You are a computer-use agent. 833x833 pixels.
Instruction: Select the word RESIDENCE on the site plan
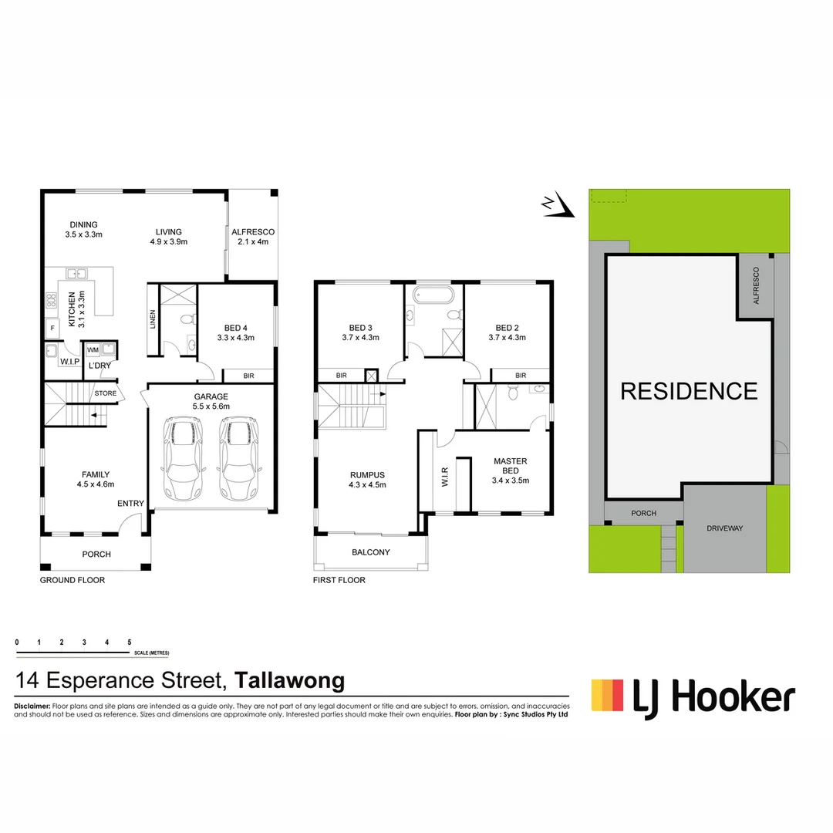click(689, 391)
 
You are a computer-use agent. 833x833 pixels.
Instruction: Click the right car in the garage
click(238, 460)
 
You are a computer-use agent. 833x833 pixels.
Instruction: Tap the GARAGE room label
click(211, 397)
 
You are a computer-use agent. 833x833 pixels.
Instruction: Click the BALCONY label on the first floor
click(370, 552)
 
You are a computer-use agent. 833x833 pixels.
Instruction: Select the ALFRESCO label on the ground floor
click(253, 232)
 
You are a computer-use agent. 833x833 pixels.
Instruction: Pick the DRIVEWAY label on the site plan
click(724, 528)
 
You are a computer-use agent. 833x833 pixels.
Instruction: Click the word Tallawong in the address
click(289, 681)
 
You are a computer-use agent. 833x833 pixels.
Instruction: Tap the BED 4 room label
click(236, 327)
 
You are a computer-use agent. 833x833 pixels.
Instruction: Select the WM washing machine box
click(93, 350)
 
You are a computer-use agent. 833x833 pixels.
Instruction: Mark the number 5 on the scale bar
click(130, 642)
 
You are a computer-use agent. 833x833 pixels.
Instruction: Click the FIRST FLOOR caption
click(339, 580)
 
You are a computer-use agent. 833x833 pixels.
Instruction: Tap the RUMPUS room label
click(367, 475)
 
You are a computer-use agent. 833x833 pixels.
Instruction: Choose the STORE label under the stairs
click(106, 393)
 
